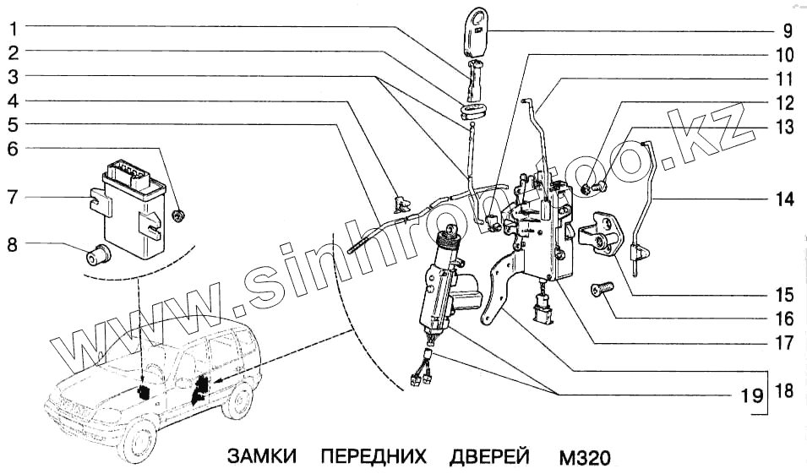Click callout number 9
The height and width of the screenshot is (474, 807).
786,33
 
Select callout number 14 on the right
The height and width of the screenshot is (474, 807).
786,200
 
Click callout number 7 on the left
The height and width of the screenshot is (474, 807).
13,199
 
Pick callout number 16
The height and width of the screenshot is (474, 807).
786,319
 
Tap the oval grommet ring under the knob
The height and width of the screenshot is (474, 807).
472,111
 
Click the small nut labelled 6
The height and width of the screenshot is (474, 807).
178,217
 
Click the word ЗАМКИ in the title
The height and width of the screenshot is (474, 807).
261,457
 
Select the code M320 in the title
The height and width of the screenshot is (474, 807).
584,457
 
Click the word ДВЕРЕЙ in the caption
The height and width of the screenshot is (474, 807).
490,457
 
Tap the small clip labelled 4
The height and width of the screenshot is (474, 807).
400,202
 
